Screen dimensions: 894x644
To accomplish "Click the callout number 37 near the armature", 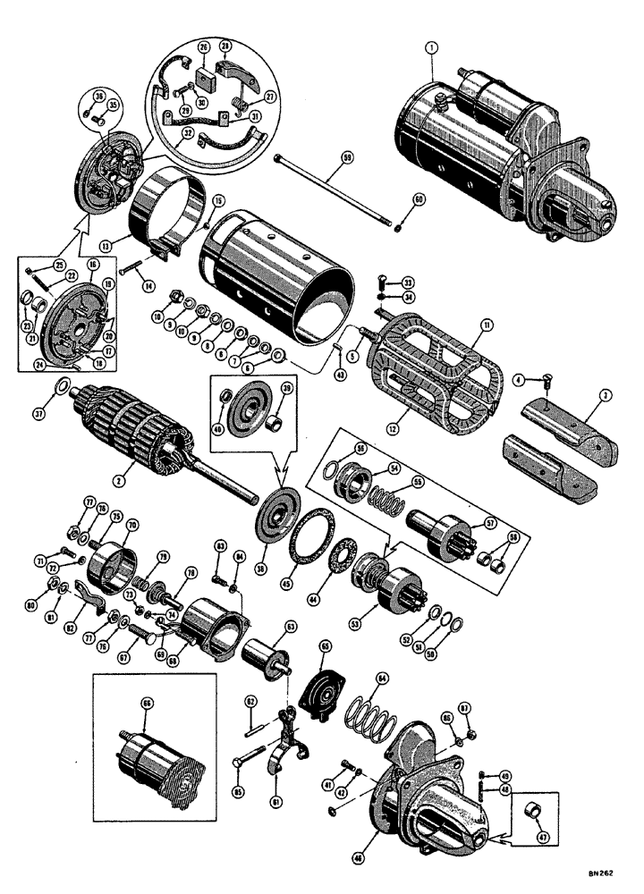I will [x=60, y=389].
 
